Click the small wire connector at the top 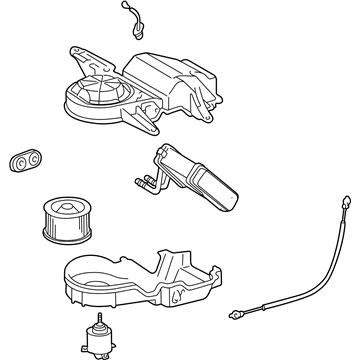click(x=130, y=19)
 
